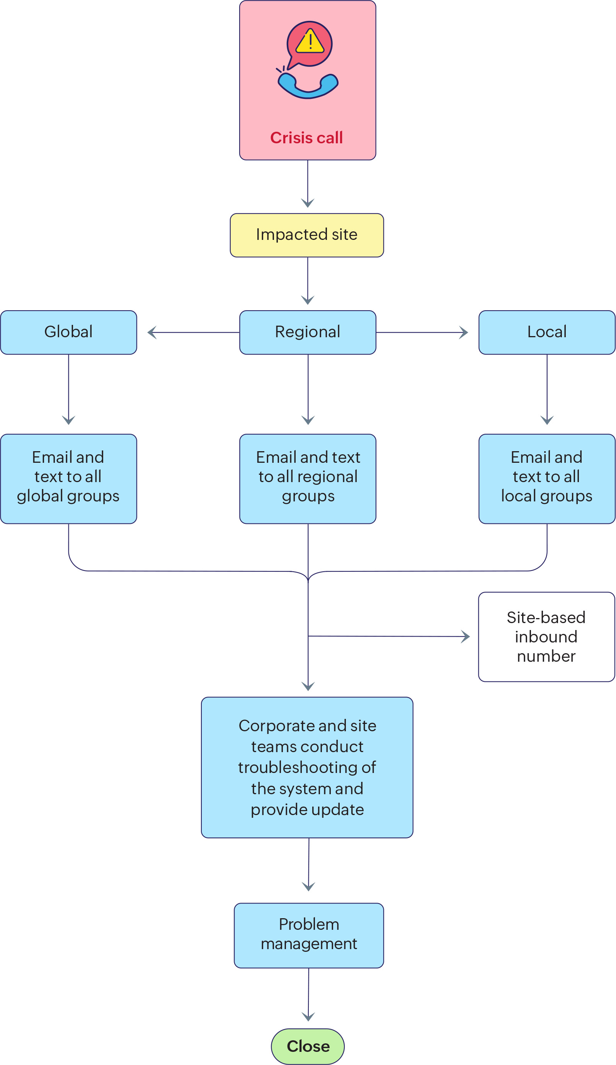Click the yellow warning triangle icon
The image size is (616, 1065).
click(310, 41)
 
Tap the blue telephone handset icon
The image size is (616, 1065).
click(308, 86)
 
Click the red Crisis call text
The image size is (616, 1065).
click(306, 138)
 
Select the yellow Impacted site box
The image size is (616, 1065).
click(307, 235)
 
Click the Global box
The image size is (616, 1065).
click(68, 332)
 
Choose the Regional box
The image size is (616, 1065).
click(308, 332)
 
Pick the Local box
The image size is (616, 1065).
click(547, 332)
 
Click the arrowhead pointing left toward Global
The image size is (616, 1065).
click(151, 333)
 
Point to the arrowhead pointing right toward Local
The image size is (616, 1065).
click(464, 333)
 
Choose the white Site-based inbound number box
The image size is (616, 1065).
click(546, 637)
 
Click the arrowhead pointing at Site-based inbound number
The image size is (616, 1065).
click(466, 637)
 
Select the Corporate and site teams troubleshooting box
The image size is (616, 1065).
click(307, 767)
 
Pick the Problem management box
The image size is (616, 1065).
click(309, 935)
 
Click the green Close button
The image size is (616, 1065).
click(308, 1046)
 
